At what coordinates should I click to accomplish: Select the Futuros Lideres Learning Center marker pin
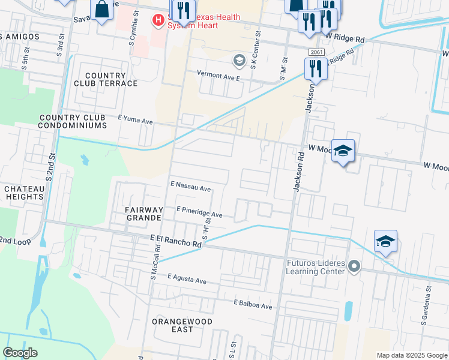pos(354,266)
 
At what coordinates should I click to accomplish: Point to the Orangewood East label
pos(173,325)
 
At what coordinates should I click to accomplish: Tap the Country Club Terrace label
pos(111,79)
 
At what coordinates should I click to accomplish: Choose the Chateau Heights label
pos(24,193)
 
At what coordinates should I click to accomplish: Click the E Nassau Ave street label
pos(190,187)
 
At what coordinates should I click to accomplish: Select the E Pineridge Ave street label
pos(199,212)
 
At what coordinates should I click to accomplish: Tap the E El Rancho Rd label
pos(175,241)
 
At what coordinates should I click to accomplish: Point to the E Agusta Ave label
pos(187,280)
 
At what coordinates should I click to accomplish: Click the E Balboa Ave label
pos(253,305)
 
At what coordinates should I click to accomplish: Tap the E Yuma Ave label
pos(136,121)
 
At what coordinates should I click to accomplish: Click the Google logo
pos(20,353)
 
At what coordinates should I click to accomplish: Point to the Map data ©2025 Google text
pos(412,355)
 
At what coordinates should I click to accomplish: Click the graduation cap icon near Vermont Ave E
pos(239,60)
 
